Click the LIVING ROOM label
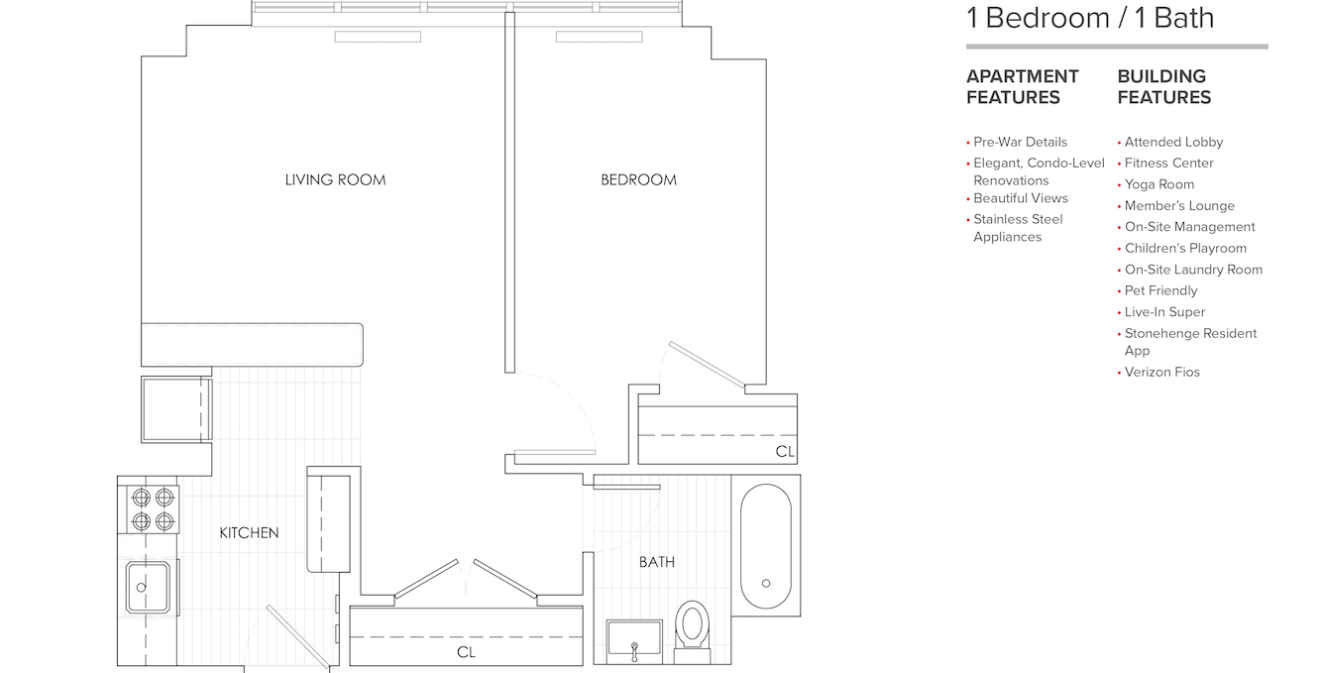(x=335, y=179)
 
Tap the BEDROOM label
(x=638, y=179)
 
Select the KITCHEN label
(x=249, y=532)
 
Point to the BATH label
(x=656, y=562)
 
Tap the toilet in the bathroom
(x=691, y=627)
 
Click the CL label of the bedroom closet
(x=785, y=452)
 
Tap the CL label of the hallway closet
(x=466, y=652)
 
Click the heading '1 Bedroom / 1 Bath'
(x=1090, y=18)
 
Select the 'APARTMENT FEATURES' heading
(x=1022, y=86)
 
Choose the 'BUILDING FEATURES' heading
(x=1163, y=86)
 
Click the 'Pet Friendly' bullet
(x=1160, y=290)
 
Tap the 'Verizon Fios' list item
(x=1161, y=372)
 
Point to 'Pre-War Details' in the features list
(x=1020, y=142)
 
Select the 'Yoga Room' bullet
(x=1158, y=184)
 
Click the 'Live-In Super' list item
(x=1164, y=311)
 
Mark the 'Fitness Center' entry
(x=1168, y=163)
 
